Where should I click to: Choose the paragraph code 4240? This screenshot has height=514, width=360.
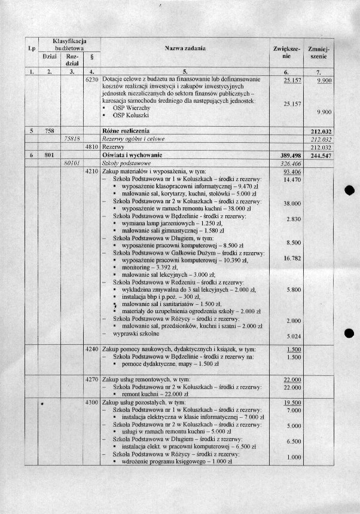click(91, 349)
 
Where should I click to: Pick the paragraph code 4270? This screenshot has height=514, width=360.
click(91, 379)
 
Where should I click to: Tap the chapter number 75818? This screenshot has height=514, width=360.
click(72, 138)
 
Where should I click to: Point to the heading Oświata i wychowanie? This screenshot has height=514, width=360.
click(135, 155)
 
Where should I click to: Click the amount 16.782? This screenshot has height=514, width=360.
click(292, 258)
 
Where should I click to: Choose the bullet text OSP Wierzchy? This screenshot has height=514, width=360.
click(132, 108)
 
